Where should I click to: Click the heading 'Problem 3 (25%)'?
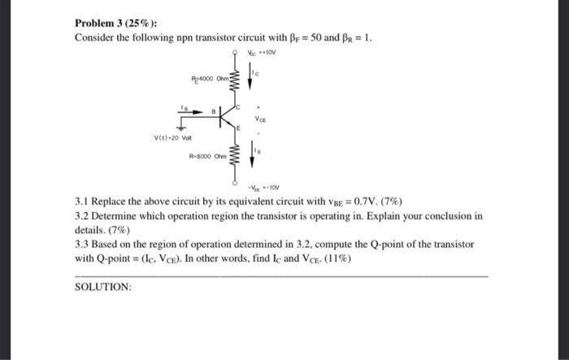pos(108,23)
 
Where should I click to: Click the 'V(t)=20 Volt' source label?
pos(175,137)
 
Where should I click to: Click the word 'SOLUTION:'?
pos(102,287)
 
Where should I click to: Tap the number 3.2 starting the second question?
pos(82,216)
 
